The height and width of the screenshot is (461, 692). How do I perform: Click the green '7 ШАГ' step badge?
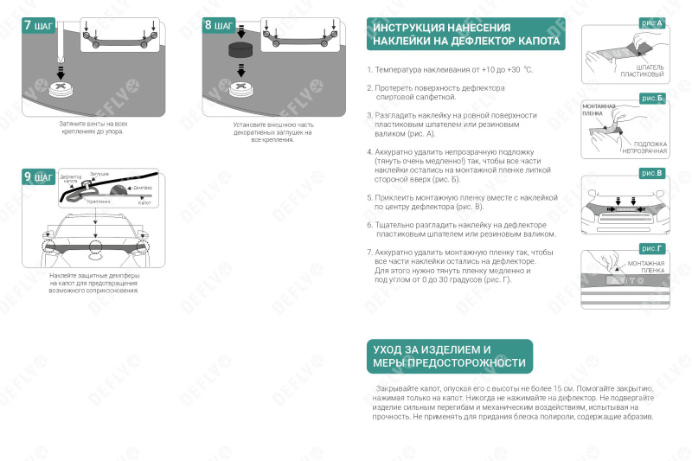[x=38, y=25]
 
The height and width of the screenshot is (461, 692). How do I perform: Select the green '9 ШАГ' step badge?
[x=38, y=177]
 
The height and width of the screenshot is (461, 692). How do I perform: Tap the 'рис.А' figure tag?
[x=652, y=22]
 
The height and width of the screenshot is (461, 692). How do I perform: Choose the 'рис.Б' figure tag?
[x=652, y=98]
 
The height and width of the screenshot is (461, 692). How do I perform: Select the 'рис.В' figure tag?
[x=652, y=173]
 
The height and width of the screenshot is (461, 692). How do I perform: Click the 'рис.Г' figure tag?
[x=652, y=249]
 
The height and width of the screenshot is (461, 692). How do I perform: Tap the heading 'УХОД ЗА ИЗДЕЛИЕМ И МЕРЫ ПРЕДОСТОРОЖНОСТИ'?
[x=449, y=355]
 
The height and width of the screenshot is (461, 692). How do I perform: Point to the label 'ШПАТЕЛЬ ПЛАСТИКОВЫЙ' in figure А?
[x=650, y=71]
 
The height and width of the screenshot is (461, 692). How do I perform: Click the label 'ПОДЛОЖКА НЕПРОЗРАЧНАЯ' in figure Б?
[x=646, y=147]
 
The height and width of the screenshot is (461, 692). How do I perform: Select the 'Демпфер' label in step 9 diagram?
[x=143, y=187]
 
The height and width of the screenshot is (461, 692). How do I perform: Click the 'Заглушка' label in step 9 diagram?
[x=99, y=175]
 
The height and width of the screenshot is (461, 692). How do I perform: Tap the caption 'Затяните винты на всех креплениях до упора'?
[x=91, y=128]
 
